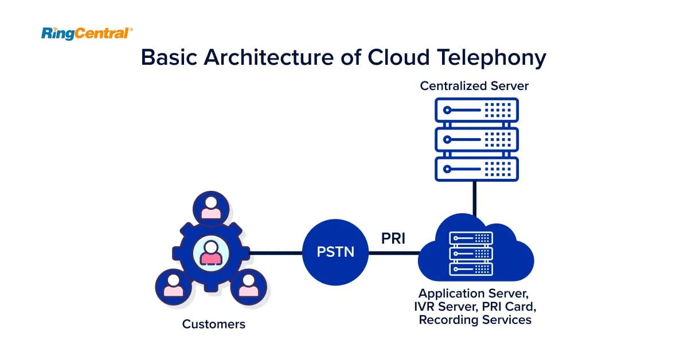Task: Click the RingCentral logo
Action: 87,34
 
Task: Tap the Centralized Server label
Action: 474,86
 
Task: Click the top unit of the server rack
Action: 476,109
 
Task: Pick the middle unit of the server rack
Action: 476,139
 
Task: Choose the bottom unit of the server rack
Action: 476,169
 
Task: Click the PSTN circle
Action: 335,252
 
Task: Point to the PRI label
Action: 393,238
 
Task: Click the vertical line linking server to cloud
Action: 475,198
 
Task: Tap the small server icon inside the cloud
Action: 471,253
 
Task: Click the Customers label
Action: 213,324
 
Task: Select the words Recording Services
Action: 475,320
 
